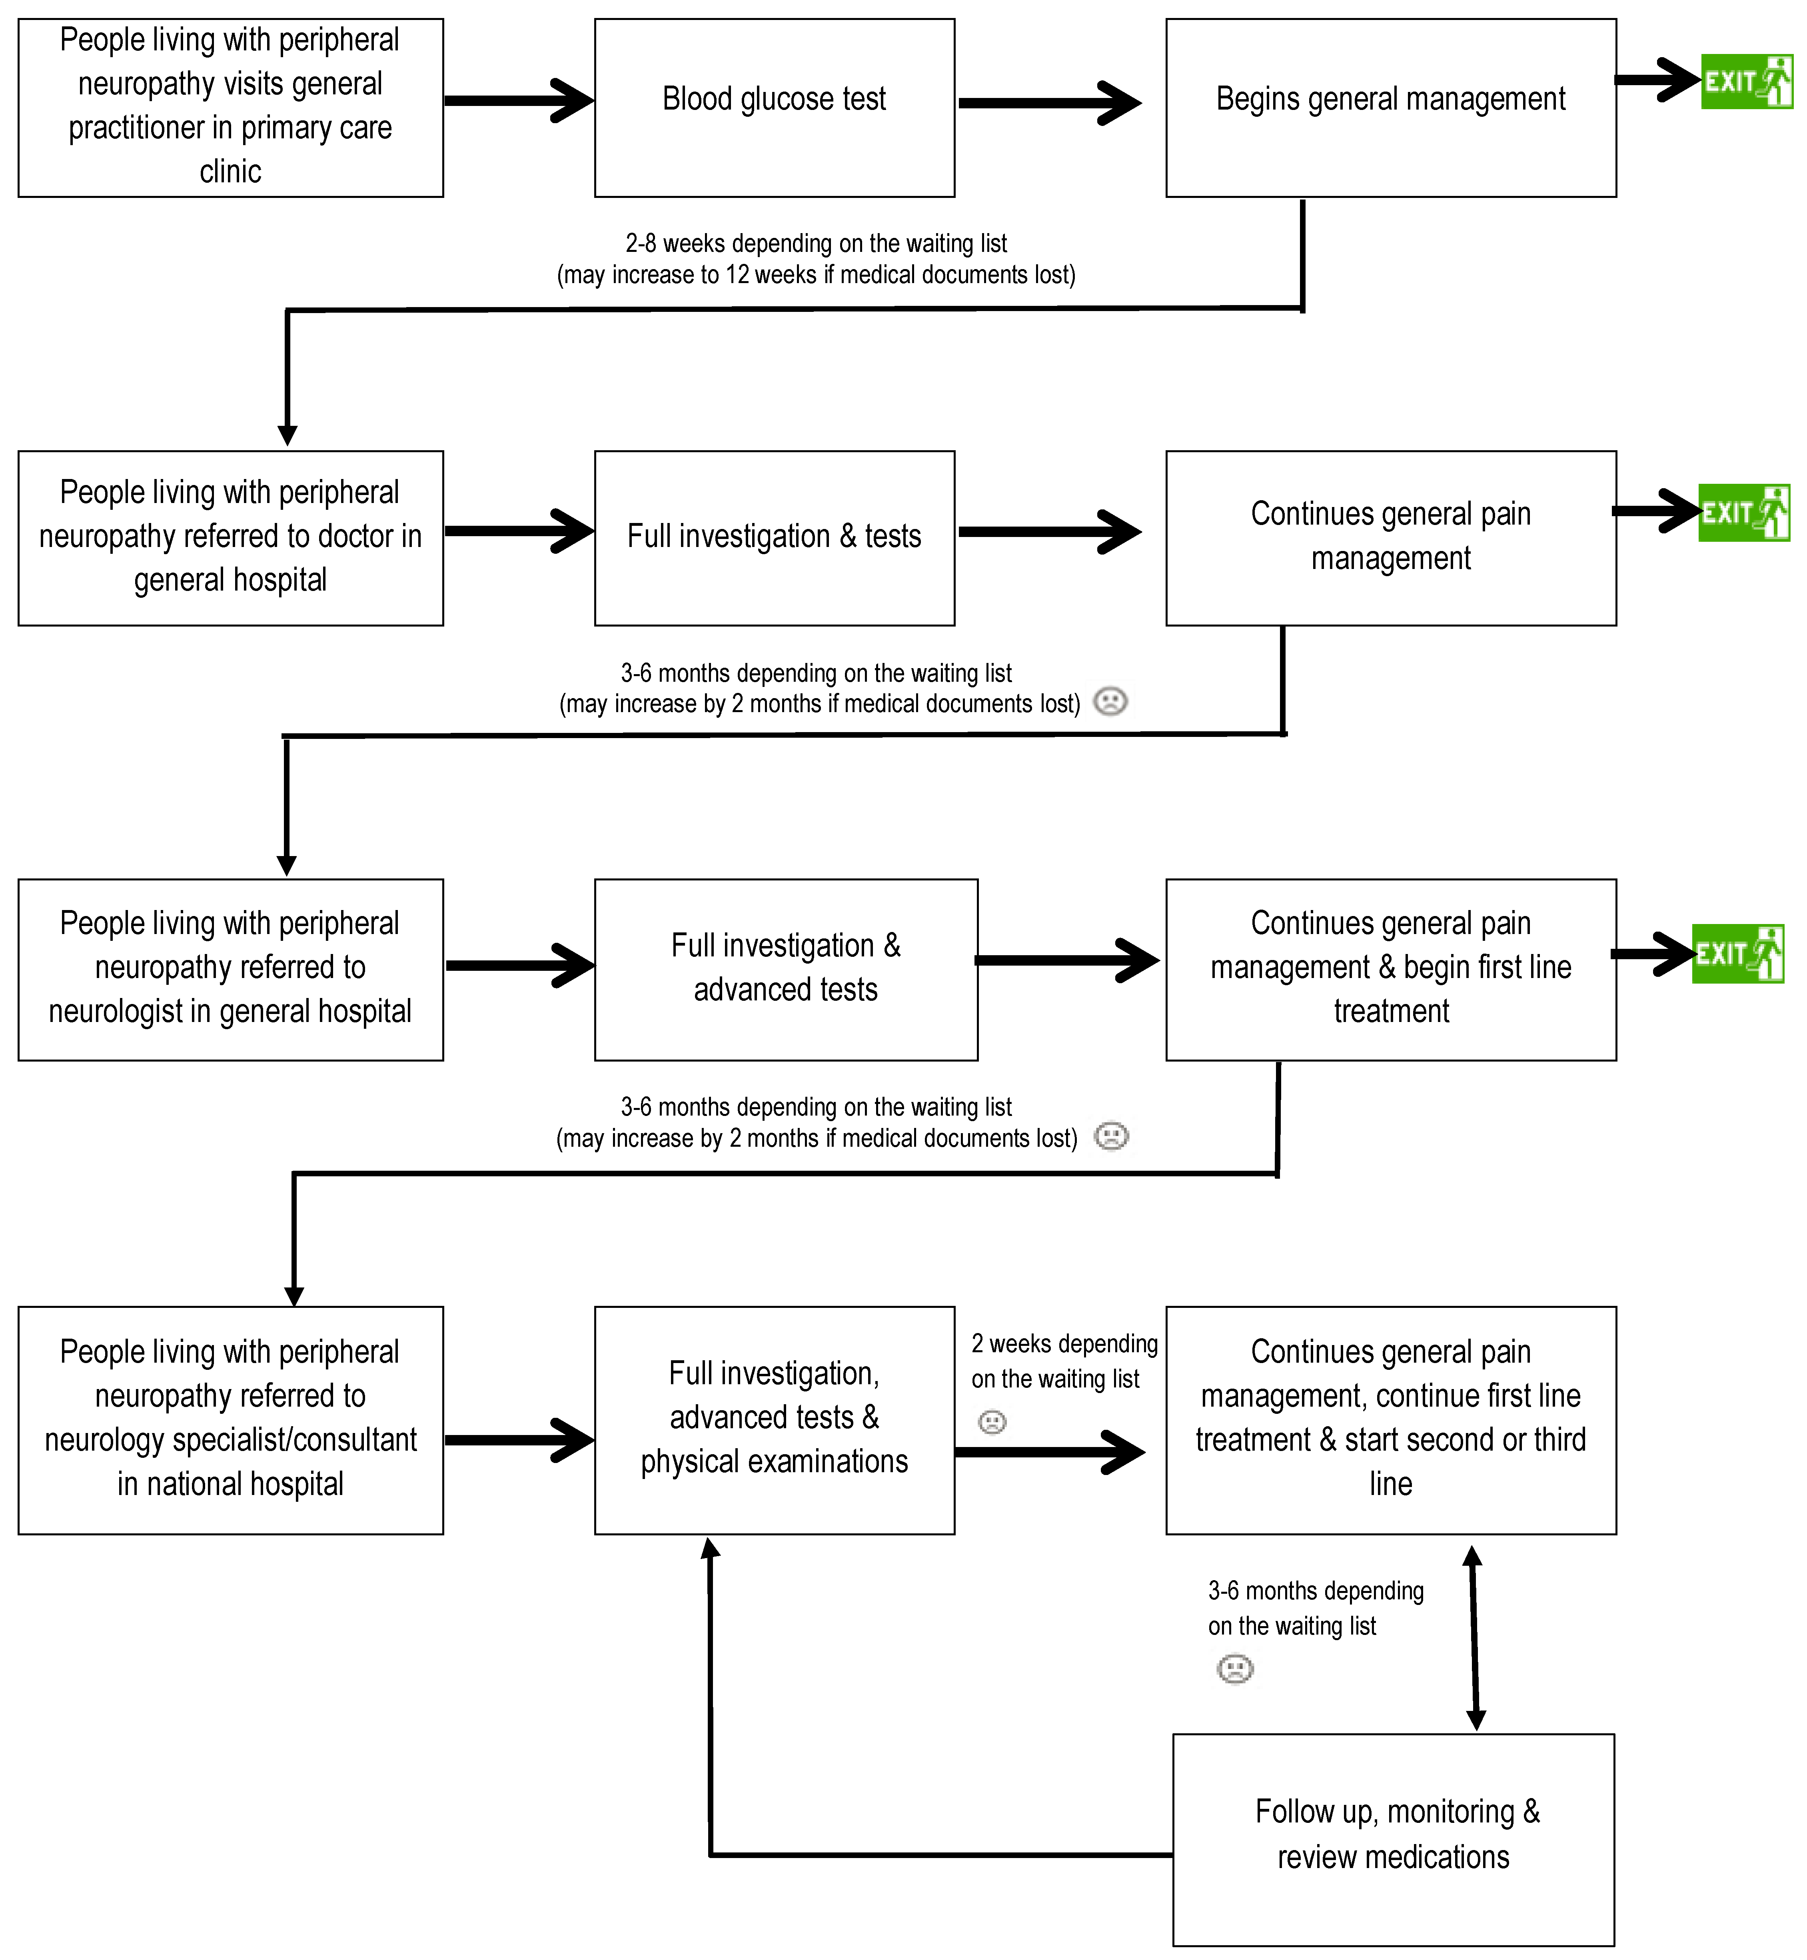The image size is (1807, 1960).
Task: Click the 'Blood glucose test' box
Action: (775, 108)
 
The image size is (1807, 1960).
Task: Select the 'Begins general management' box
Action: (1390, 108)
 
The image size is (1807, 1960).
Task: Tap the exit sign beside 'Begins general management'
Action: (1746, 81)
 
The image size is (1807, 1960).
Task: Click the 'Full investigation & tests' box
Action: (775, 538)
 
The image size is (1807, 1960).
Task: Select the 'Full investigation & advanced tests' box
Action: (786, 970)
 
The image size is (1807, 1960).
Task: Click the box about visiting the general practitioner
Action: (231, 108)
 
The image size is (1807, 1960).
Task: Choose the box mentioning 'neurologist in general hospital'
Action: (231, 970)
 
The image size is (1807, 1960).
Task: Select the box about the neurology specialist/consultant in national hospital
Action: (231, 1420)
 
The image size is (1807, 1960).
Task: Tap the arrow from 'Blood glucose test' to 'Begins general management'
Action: (1050, 103)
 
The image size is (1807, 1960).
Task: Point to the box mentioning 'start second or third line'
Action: (1390, 1420)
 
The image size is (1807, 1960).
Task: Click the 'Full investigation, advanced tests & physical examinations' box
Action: (775, 1420)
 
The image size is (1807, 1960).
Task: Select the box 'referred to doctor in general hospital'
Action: (231, 538)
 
